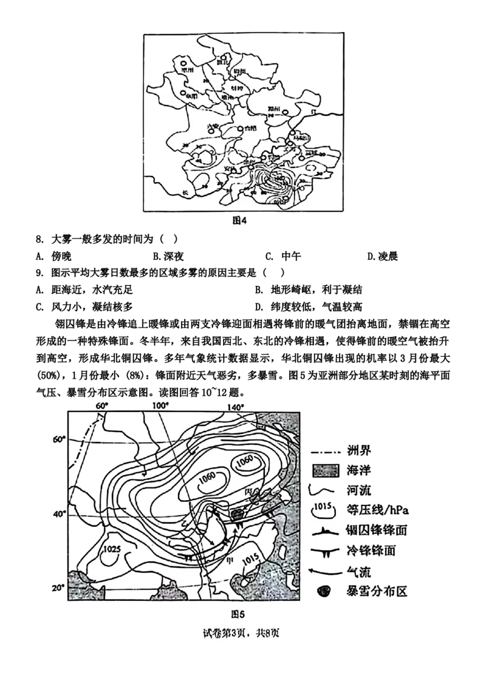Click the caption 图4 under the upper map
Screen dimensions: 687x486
[x=241, y=221]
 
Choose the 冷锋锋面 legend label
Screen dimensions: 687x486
[x=369, y=551]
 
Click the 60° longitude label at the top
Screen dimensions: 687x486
[x=100, y=405]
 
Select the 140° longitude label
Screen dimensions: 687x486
[x=236, y=405]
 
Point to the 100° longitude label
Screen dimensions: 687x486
[x=159, y=405]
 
